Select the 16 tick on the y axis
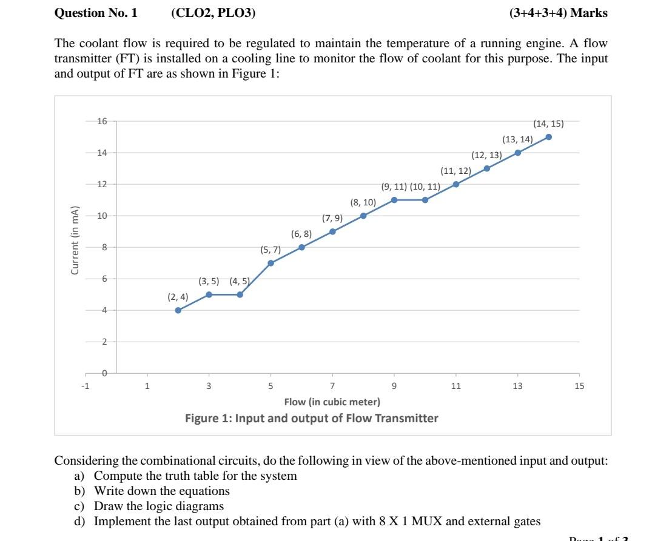(x=102, y=121)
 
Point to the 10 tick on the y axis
(x=102, y=216)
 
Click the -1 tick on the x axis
(x=86, y=386)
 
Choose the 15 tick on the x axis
(x=579, y=386)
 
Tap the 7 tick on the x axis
(x=332, y=386)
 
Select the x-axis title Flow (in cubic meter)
(x=332, y=402)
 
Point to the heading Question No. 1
(x=96, y=13)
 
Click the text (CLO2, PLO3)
(x=213, y=13)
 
